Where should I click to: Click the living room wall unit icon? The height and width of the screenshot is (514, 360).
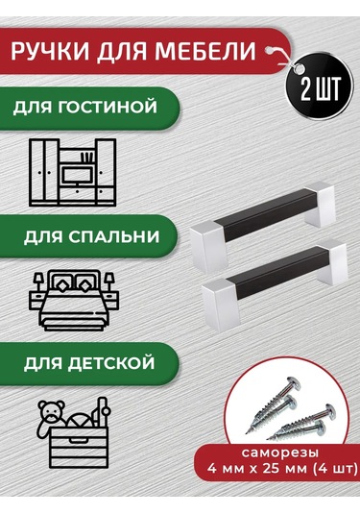74,172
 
